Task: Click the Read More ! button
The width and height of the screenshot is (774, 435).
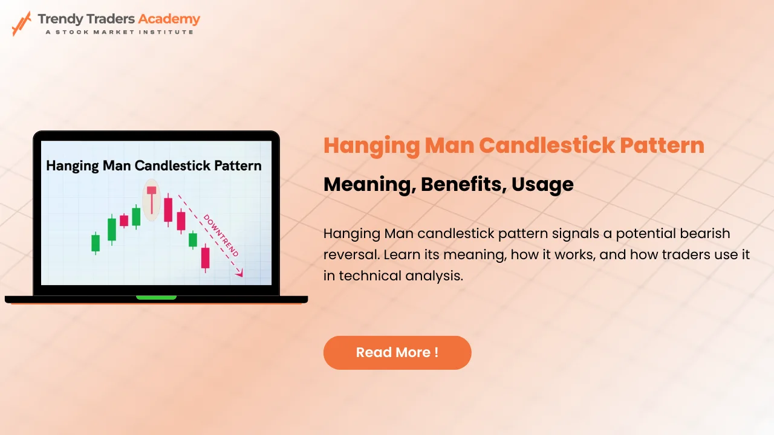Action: [397, 352]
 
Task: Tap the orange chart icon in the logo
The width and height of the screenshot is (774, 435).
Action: [22, 23]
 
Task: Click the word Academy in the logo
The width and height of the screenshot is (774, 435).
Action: [169, 19]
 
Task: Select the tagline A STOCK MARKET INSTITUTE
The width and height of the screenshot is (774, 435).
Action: [119, 32]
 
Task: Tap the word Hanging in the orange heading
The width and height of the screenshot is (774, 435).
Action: [368, 146]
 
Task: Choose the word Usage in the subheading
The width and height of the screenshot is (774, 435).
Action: [542, 184]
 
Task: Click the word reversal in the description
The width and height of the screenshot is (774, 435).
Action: [350, 254]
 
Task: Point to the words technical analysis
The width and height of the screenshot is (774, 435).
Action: [401, 275]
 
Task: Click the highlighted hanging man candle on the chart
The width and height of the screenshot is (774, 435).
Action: [151, 199]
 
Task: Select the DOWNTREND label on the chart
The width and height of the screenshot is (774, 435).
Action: [221, 235]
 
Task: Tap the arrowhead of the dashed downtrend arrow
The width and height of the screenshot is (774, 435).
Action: [240, 274]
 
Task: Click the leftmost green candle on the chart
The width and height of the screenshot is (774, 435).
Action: [96, 243]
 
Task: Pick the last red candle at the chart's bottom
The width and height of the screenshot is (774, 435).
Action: [205, 257]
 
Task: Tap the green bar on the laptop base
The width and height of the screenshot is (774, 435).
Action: [156, 297]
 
